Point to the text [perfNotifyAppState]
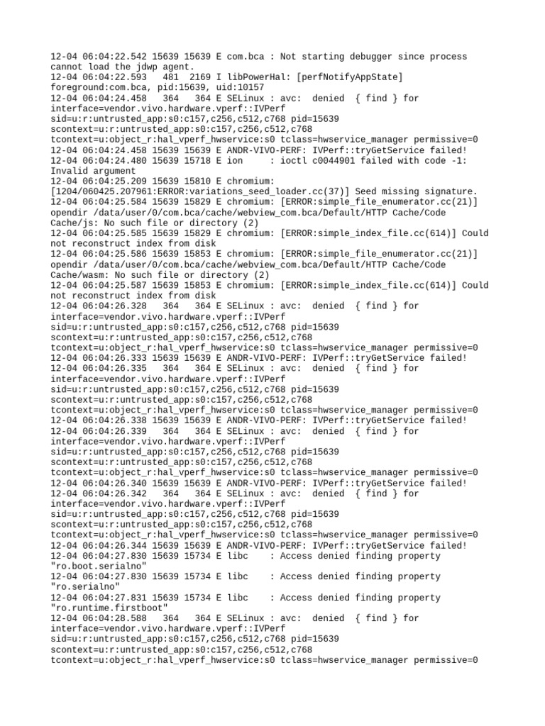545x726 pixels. (x=342, y=77)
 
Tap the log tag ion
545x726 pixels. (x=235, y=161)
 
